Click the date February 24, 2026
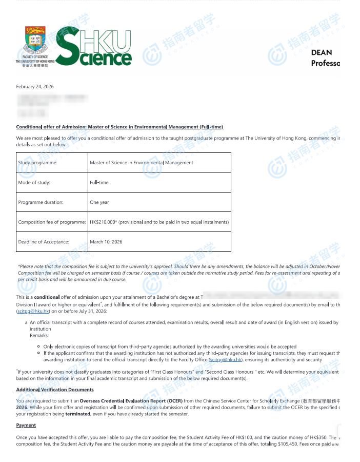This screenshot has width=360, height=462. pyautogui.click(x=35, y=87)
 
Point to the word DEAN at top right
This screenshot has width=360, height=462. pyautogui.click(x=322, y=52)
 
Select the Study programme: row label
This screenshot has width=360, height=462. pyautogui.click(x=38, y=163)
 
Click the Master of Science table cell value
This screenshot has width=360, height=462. pyautogui.click(x=142, y=163)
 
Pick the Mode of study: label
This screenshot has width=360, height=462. pyautogui.click(x=34, y=182)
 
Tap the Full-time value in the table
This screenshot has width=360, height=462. pyautogui.click(x=99, y=182)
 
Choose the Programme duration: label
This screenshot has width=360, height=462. pyautogui.click(x=41, y=202)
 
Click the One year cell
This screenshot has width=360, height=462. pyautogui.click(x=99, y=202)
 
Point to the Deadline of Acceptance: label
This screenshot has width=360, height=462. pyautogui.click(x=44, y=242)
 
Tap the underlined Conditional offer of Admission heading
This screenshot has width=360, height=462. pyautogui.click(x=119, y=127)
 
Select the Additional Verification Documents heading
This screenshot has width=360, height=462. pyautogui.click(x=55, y=390)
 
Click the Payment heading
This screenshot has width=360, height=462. pyautogui.click(x=26, y=425)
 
